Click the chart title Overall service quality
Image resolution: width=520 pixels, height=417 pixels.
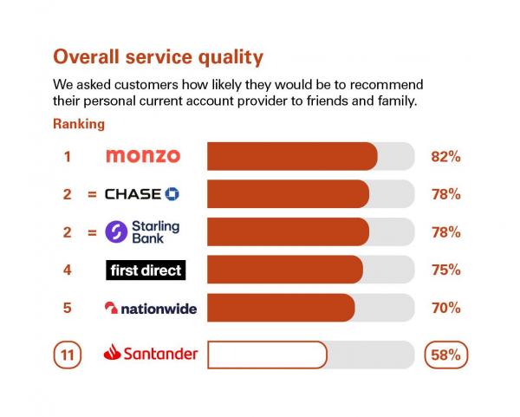158,57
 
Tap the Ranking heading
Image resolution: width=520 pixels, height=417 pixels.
79,124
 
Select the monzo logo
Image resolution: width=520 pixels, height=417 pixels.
143,156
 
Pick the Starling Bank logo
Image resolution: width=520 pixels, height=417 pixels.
142,231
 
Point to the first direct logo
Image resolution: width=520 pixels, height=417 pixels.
145,270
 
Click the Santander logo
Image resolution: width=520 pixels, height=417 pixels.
150,354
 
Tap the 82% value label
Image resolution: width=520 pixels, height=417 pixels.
445,157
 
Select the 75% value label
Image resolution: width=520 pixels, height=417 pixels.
445,270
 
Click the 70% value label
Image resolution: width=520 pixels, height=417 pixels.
445,308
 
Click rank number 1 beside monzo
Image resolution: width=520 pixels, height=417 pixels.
67,157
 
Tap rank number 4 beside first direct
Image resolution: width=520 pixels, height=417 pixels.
67,270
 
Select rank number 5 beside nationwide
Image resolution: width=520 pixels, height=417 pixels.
67,308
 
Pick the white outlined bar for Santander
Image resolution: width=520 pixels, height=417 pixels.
267,355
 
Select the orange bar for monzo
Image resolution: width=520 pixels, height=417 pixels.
292,156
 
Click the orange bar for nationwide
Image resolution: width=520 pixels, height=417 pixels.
281,308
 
